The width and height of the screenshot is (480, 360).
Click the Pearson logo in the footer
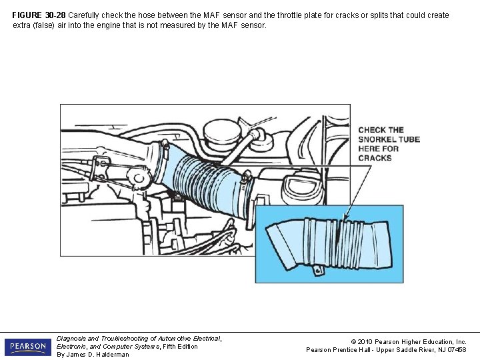coord(27,347)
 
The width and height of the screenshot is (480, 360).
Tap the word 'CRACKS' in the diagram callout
coord(375,158)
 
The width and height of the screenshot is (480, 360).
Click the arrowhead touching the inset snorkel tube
coord(345,217)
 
